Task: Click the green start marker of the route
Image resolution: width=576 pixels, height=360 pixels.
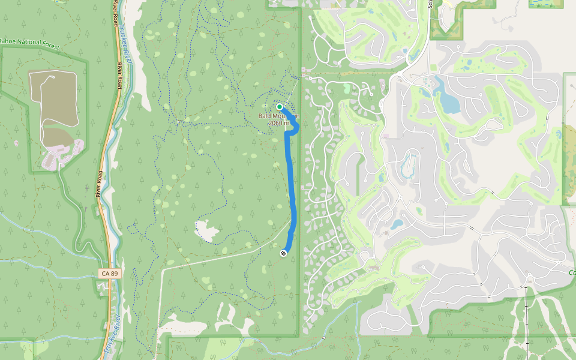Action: (x=280, y=107)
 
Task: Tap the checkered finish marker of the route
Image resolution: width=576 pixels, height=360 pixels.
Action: (x=283, y=253)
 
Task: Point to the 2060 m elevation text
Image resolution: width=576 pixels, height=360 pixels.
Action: (x=279, y=123)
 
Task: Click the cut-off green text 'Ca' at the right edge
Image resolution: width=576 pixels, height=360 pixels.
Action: (x=571, y=273)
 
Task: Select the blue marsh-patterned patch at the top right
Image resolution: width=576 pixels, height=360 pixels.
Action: (x=546, y=4)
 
